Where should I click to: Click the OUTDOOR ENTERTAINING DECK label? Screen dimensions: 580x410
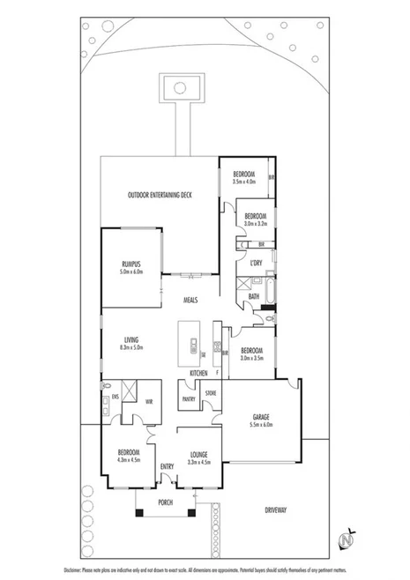pos(160,194)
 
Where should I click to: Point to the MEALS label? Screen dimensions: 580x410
pos(190,301)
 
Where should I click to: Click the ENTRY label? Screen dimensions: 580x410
pos(168,466)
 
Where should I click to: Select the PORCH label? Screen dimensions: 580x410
pos(165,502)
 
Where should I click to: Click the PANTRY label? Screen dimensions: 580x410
pos(189,399)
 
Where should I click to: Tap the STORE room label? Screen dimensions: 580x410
pos(211,393)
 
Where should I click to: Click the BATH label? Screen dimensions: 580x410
pos(253,296)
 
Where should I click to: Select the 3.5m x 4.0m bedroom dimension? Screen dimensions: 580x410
pos(244,182)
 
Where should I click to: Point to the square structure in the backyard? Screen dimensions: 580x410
pos(181,87)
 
